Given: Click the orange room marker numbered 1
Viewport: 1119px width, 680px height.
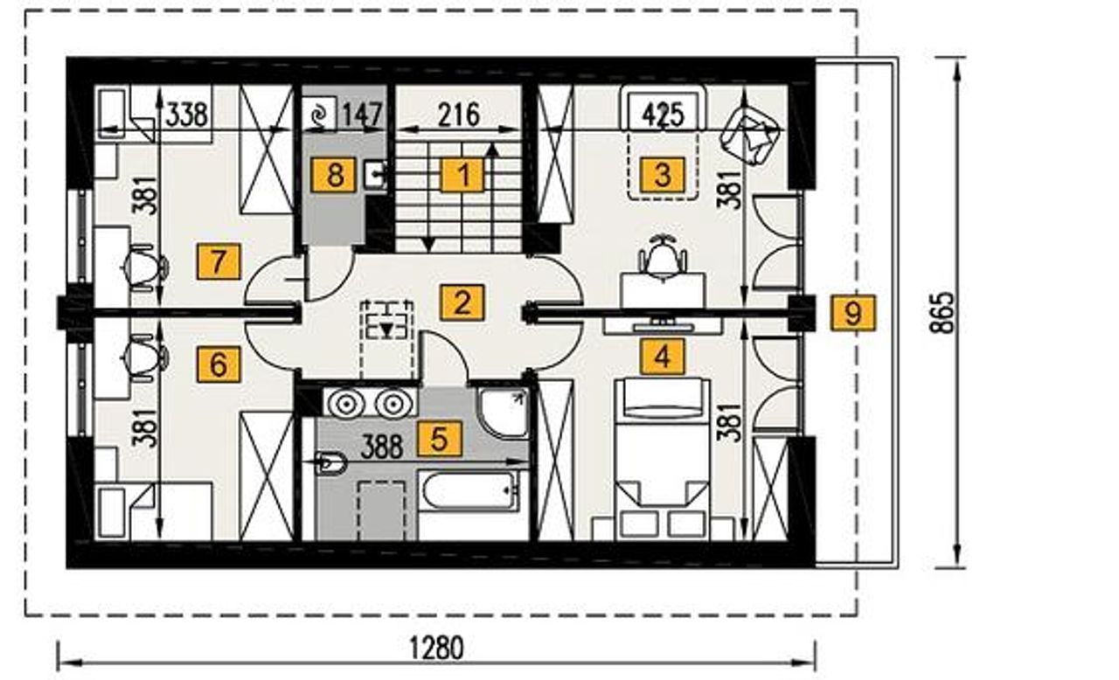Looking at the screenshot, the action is tap(462, 175).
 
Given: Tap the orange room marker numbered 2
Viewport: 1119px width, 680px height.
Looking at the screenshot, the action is tap(462, 302).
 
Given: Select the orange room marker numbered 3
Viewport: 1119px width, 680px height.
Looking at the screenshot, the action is tap(663, 175).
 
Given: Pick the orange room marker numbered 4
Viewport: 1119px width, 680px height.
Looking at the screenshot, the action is tap(663, 357).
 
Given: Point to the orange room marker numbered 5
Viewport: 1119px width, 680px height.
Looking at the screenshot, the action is tap(440, 439).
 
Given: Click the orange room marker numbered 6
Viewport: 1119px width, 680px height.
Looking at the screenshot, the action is tap(219, 365).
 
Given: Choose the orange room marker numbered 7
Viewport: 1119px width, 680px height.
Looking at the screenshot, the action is tap(219, 261).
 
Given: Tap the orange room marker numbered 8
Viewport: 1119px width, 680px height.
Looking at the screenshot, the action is tap(334, 175).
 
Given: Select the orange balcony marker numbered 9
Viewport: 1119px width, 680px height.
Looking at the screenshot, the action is tap(853, 313).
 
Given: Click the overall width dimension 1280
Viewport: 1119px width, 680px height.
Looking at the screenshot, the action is tap(436, 648).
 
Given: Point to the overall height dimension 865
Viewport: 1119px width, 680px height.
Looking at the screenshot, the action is tap(942, 313).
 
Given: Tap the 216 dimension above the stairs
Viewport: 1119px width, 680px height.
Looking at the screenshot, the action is tap(459, 114).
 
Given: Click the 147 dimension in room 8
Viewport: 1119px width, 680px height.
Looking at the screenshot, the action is tap(362, 114).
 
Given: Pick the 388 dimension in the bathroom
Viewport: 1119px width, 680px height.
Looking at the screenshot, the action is tap(382, 447).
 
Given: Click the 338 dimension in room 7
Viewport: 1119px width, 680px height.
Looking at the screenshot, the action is tap(187, 114).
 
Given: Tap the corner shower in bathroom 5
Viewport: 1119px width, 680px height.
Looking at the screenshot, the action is tap(503, 413).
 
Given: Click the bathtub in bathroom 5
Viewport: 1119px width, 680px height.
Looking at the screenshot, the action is tap(470, 491).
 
